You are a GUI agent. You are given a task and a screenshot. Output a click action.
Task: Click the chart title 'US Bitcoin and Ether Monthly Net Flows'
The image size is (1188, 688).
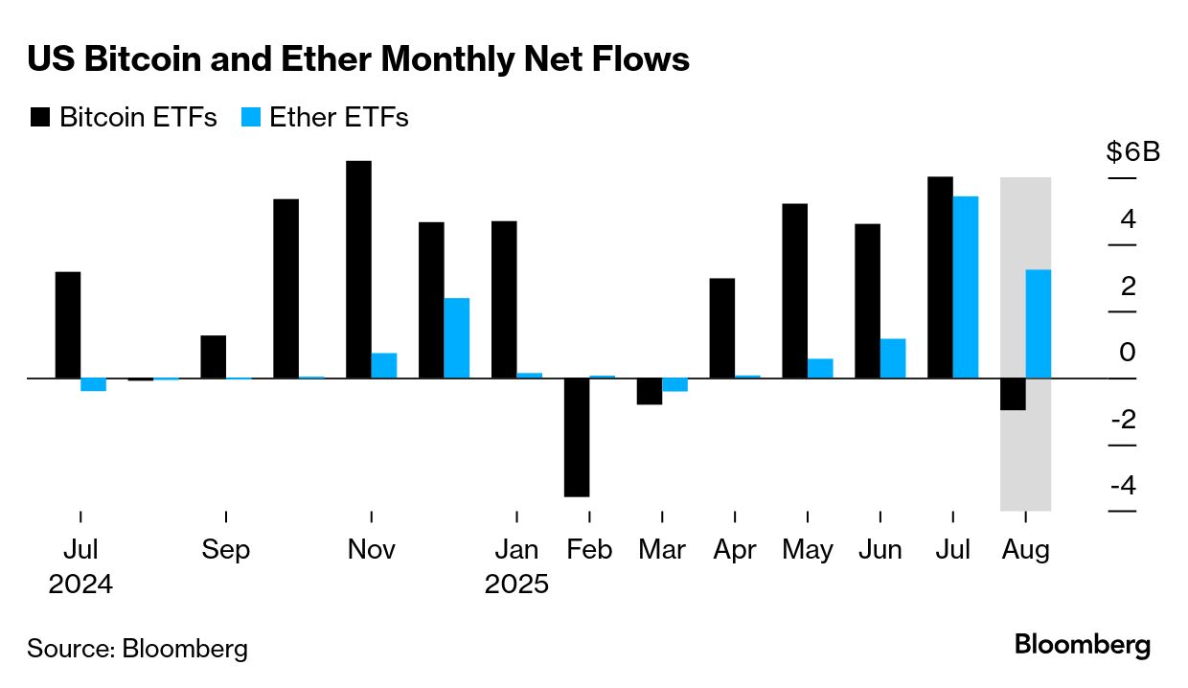click(x=358, y=59)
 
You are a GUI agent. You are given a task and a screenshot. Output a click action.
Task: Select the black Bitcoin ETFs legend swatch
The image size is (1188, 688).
click(x=40, y=118)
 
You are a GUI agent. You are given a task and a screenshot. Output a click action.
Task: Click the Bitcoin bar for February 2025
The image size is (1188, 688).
click(x=577, y=437)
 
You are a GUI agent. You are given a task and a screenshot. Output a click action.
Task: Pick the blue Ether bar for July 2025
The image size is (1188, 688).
click(x=966, y=287)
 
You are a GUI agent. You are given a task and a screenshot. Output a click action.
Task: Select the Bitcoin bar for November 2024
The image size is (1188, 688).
click(x=358, y=269)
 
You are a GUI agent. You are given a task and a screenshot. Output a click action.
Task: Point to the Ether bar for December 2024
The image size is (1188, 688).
click(x=457, y=338)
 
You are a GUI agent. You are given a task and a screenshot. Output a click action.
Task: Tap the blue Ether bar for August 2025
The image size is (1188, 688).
click(x=1039, y=324)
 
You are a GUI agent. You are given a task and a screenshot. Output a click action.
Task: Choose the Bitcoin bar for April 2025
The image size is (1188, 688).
click(x=722, y=328)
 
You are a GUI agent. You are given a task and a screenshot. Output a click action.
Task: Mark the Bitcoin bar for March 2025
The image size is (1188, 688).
click(x=650, y=391)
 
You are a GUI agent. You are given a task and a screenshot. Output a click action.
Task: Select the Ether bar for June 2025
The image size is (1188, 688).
click(x=893, y=358)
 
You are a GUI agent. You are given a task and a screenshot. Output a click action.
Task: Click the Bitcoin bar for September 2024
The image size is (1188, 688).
click(x=213, y=356)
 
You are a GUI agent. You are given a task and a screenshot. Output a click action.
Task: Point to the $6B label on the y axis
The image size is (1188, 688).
click(x=1132, y=152)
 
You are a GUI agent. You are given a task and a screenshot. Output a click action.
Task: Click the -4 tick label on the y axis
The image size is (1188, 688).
click(x=1123, y=486)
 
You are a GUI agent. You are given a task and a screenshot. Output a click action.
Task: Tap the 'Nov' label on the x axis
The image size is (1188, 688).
click(x=371, y=551)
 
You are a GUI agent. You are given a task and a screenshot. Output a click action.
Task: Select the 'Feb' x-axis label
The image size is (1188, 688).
click(x=589, y=551)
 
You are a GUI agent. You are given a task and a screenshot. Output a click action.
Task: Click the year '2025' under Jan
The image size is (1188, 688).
click(x=516, y=585)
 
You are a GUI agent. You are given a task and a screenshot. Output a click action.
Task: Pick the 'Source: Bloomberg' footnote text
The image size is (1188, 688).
click(x=138, y=649)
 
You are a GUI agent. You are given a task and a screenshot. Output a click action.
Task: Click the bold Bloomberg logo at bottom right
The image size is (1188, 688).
click(x=1083, y=645)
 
